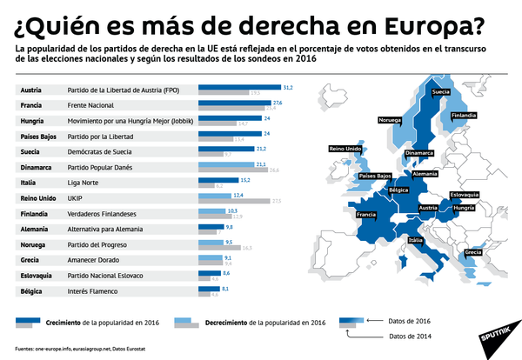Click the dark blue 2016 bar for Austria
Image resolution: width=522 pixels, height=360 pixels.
[x=240, y=87]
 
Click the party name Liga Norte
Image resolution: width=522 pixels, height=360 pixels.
[x=84, y=182]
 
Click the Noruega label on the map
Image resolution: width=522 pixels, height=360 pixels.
[x=391, y=119]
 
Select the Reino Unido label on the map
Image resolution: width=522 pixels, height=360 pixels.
[x=344, y=150]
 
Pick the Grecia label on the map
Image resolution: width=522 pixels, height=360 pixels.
[x=474, y=252]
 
